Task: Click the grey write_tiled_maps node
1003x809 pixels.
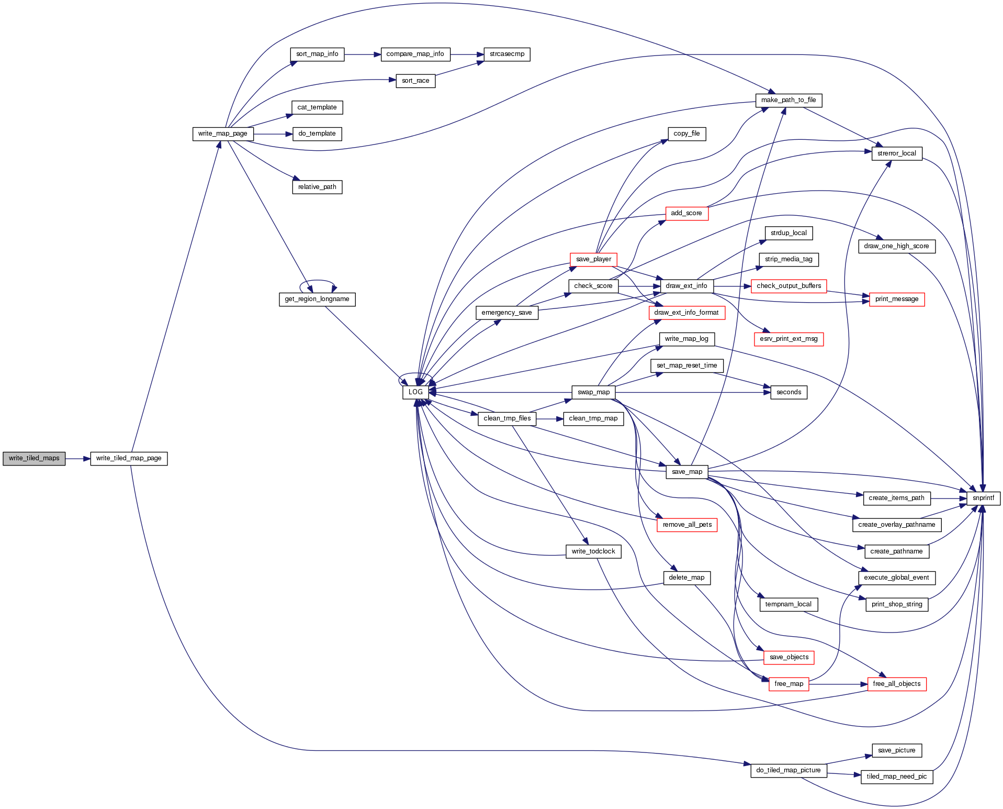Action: click(34, 458)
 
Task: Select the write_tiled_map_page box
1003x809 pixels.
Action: click(129, 458)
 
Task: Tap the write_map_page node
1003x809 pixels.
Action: click(223, 134)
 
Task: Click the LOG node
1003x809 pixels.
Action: click(415, 392)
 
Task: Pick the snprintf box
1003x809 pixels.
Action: click(983, 498)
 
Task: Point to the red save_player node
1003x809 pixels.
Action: click(593, 259)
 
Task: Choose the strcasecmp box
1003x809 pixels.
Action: click(507, 54)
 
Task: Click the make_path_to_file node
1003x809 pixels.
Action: click(788, 100)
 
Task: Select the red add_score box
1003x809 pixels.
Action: click(686, 213)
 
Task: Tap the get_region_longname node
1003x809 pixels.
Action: click(317, 299)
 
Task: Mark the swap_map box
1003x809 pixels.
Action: click(593, 392)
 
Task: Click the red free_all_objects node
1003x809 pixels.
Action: click(897, 684)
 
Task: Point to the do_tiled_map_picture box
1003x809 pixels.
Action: click(788, 770)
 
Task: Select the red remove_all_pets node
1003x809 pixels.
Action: click(687, 525)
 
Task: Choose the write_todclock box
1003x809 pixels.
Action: click(593, 551)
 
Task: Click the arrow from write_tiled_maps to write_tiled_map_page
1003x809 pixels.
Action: click(77, 459)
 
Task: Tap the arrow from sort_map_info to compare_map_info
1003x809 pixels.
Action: click(362, 54)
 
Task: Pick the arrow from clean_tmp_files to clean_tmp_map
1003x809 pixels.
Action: click(549, 419)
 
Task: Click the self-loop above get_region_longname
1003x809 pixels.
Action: click(317, 281)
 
